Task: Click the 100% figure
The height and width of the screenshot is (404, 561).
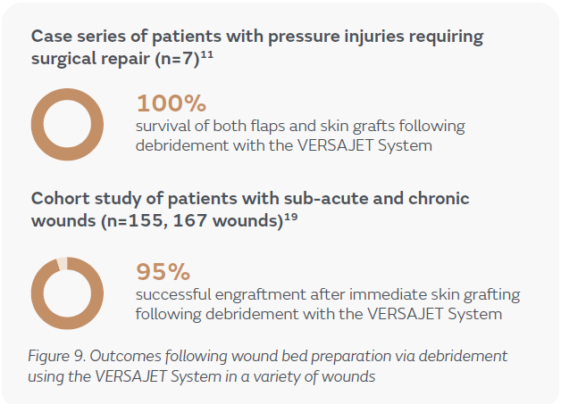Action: point(172,103)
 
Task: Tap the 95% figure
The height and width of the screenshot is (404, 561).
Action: point(163,272)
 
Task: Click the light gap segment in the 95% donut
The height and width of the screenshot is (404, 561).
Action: point(62,263)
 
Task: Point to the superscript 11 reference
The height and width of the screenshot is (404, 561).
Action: point(206,55)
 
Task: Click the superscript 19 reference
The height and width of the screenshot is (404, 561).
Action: point(291,218)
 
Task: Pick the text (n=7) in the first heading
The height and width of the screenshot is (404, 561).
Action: point(177,59)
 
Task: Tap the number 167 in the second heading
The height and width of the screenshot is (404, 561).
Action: point(190,221)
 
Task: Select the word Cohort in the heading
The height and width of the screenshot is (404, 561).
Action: point(60,198)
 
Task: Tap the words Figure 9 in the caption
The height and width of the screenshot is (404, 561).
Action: point(56,356)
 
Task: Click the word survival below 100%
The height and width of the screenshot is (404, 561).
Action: point(163,126)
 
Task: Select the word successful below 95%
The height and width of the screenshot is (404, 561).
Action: point(173,294)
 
